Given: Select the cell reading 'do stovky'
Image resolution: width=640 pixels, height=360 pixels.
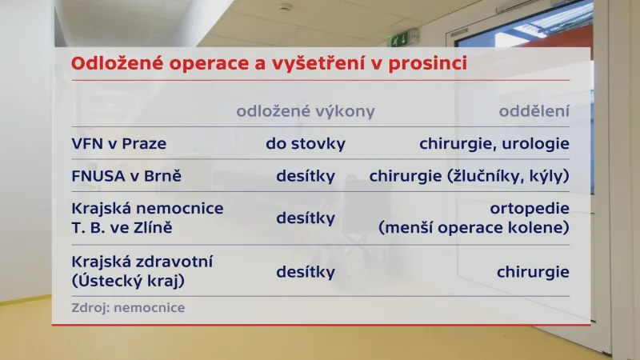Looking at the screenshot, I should click(x=305, y=145).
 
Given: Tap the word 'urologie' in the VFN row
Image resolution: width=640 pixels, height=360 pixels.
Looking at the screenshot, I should click(x=537, y=145).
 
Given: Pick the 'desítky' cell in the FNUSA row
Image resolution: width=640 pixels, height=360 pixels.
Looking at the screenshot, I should click(x=305, y=175).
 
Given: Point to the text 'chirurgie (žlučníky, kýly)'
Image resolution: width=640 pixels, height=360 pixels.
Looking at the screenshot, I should click(x=469, y=175).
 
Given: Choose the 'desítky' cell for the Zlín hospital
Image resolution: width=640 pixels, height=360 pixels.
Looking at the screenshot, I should click(x=305, y=218).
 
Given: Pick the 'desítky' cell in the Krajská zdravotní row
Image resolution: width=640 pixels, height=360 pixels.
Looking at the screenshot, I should click(x=305, y=272).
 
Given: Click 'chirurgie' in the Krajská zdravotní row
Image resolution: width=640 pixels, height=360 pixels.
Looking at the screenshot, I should click(x=532, y=272).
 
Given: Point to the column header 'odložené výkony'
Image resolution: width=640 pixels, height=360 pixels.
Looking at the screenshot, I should click(x=305, y=112).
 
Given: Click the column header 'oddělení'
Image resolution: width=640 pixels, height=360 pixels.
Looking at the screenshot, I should click(x=534, y=112).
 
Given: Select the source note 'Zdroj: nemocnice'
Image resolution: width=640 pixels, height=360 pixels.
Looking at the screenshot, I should click(x=128, y=307).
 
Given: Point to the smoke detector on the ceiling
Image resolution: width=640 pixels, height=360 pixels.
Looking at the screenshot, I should click(x=286, y=7).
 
